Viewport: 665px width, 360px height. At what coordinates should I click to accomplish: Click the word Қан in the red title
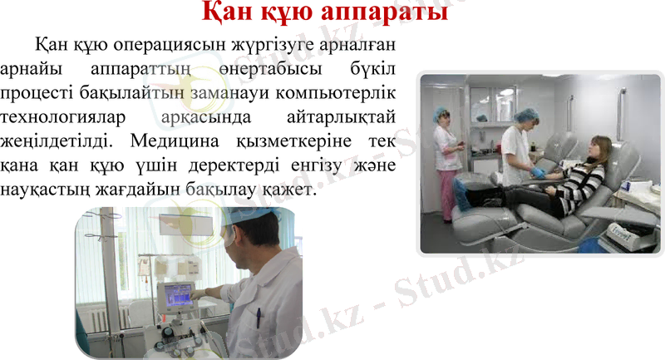click(x=229, y=14)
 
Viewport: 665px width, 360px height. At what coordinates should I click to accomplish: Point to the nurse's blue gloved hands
click(x=537, y=173)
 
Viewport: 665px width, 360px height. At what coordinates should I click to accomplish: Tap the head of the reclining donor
click(x=600, y=150)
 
